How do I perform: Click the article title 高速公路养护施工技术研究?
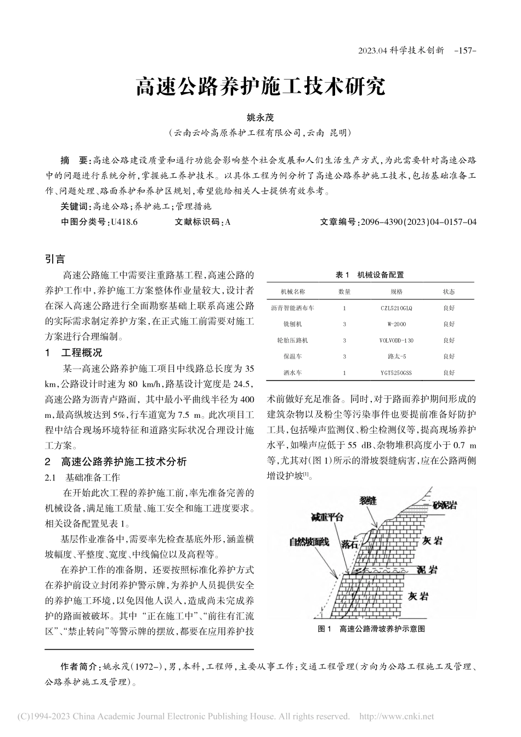point(260,87)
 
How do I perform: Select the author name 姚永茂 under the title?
point(260,117)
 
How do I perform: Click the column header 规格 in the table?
point(397,292)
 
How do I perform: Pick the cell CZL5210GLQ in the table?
point(396,308)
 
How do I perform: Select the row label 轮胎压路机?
point(293,341)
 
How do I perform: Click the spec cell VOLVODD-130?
point(396,341)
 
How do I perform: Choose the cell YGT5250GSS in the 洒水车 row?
point(396,373)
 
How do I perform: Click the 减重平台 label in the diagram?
point(327,517)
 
